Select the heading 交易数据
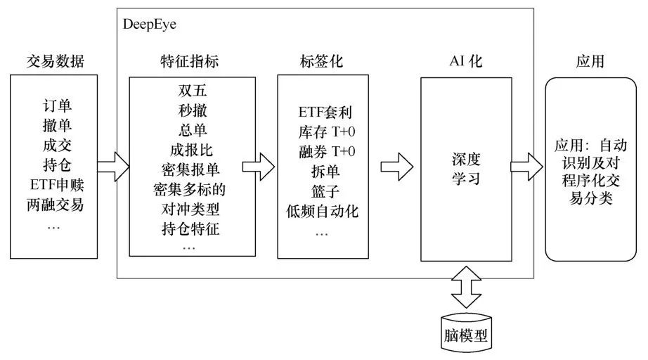point(55,62)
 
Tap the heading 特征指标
point(189,62)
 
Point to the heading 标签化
point(321,62)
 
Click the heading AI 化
point(466,62)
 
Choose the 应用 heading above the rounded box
point(590,62)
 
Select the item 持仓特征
point(189,229)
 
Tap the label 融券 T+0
point(321,150)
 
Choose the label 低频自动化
point(321,210)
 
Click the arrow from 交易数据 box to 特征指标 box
point(112,167)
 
